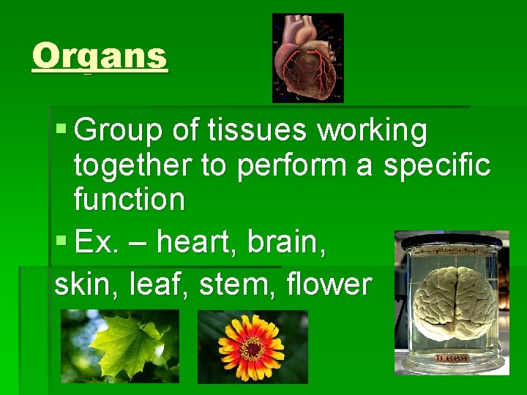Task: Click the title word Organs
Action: click(100, 56)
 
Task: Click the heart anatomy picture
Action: click(307, 58)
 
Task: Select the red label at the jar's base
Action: click(452, 358)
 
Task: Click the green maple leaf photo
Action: click(119, 346)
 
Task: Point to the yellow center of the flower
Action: click(252, 348)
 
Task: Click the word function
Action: click(129, 199)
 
